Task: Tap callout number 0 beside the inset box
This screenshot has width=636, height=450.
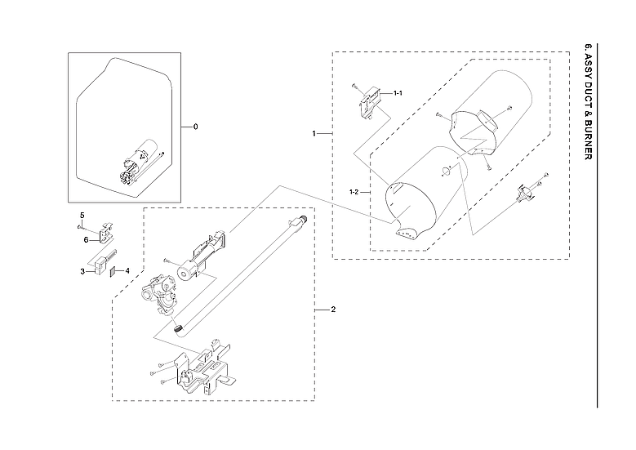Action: (x=195, y=127)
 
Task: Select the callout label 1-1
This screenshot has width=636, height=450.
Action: (x=398, y=94)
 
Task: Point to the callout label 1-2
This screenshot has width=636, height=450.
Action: (x=354, y=192)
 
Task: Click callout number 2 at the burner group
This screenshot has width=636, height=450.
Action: (x=332, y=310)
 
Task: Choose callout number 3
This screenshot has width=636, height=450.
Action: (x=82, y=271)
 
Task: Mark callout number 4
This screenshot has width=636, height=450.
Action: (x=127, y=271)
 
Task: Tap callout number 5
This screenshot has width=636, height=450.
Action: (x=82, y=215)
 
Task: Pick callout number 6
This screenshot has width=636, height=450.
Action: (x=84, y=239)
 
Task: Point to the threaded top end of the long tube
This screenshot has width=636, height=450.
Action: (x=303, y=220)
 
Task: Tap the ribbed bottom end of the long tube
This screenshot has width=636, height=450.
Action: (x=177, y=327)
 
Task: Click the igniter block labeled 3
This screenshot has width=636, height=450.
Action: (x=100, y=263)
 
